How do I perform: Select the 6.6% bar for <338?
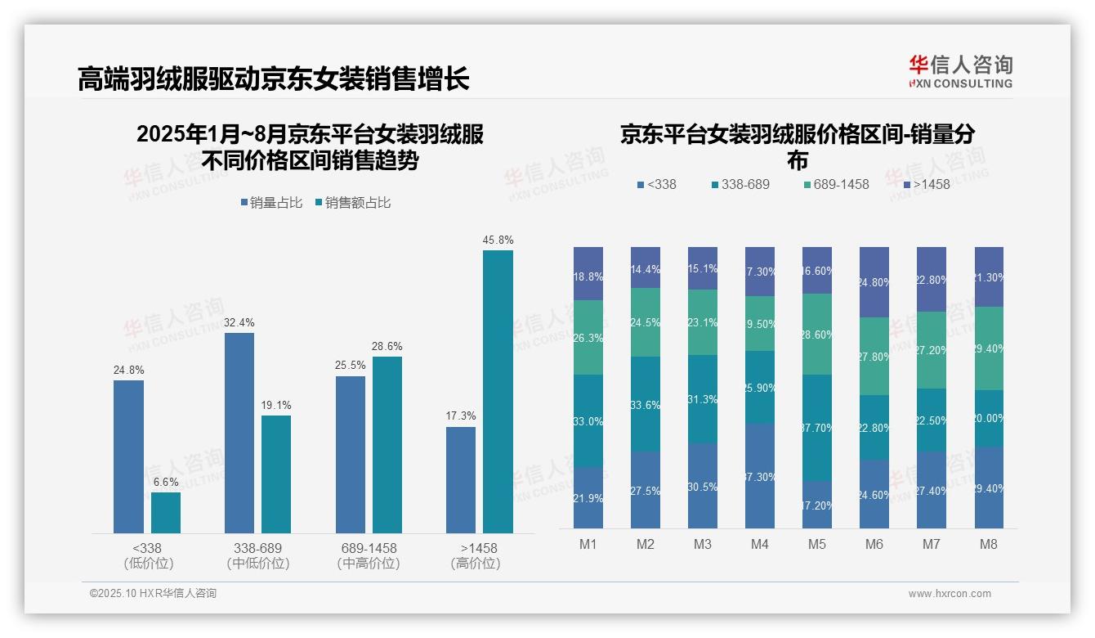coord(166,513)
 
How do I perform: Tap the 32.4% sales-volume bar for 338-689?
coord(239,433)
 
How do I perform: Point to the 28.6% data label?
coord(387,347)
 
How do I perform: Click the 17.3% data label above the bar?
coord(461,416)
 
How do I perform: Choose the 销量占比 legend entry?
coord(271,203)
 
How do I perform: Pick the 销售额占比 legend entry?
coord(353,203)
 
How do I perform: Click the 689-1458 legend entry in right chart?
coord(837,185)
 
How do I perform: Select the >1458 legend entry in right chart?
coord(927,185)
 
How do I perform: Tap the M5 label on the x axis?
coord(817,544)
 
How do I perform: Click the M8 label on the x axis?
coord(989,544)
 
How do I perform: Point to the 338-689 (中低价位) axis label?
coord(258,555)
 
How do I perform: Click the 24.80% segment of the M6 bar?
coord(874,282)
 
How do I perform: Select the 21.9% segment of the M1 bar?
coord(588,498)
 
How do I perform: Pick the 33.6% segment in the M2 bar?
coord(646,404)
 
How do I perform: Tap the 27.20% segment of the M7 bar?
coord(932,350)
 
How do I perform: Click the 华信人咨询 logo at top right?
coord(960,72)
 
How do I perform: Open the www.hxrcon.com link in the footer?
coord(950,594)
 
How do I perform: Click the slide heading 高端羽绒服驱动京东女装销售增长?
coord(274,79)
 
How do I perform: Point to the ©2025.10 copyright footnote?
coord(153,594)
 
